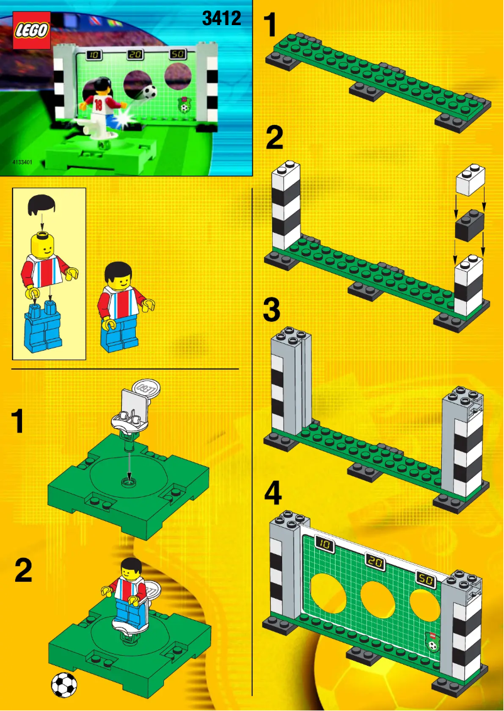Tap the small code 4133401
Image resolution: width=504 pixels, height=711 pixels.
tap(21, 162)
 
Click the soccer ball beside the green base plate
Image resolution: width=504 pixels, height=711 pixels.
tap(63, 685)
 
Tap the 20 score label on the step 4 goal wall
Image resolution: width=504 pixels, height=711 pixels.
tap(375, 562)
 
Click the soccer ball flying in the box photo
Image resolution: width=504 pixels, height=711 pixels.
tap(150, 92)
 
